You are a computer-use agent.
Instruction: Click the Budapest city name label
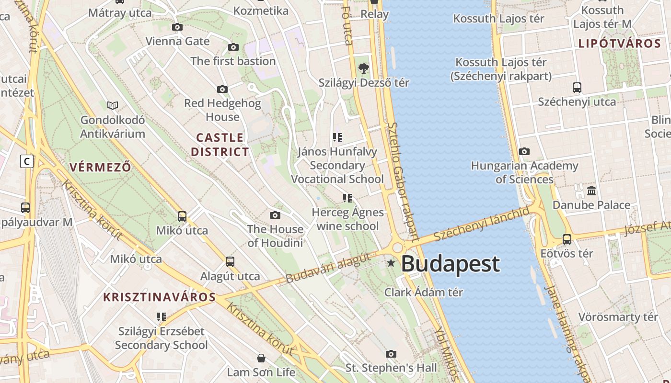click(450, 264)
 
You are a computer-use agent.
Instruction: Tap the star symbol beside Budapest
click(391, 263)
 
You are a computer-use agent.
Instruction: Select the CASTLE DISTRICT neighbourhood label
click(220, 145)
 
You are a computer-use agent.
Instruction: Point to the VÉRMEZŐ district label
click(100, 167)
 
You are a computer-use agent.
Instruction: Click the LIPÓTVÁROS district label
click(620, 44)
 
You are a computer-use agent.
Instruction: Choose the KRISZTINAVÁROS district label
click(160, 297)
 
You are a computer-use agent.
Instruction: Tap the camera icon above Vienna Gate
click(177, 27)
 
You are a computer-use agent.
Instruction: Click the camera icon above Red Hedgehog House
click(222, 89)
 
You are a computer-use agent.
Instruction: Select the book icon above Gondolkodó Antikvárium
click(113, 105)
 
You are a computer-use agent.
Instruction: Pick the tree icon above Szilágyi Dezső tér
click(364, 68)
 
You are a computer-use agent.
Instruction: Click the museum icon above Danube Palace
click(591, 191)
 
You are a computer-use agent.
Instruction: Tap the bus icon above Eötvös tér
click(567, 239)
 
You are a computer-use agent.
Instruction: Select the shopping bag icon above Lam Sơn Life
click(261, 358)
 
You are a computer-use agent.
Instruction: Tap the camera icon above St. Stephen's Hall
click(391, 354)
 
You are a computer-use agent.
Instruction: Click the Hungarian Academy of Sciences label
click(524, 172)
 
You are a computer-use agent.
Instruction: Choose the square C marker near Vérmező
click(27, 161)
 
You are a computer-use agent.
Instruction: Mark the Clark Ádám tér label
click(424, 292)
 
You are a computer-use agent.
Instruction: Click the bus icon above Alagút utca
click(230, 262)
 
